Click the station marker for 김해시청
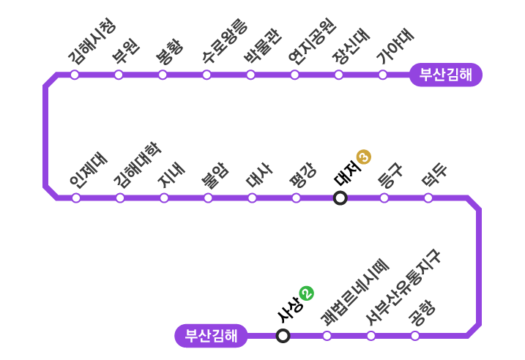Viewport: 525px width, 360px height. pos(75,75)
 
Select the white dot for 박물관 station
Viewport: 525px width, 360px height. pos(250,75)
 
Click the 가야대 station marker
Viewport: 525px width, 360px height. pos(382,75)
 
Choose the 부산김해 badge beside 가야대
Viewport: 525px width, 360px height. pos(445,75)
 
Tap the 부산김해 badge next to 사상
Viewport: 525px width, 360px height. pos(211,336)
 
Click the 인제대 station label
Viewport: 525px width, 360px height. pos(88,170)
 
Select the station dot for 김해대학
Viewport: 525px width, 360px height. pos(120,198)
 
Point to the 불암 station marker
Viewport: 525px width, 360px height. pos(208,198)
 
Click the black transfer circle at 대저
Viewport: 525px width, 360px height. pos(340,198)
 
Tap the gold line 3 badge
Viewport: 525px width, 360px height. pos(364,157)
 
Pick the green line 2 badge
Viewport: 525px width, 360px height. pos(307,293)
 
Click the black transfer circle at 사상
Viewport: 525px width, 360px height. pos(283,336)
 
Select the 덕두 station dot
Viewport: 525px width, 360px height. pos(428,198)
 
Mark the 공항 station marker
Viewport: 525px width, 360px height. pos(415,336)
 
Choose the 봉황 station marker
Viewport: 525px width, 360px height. pos(163,75)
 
